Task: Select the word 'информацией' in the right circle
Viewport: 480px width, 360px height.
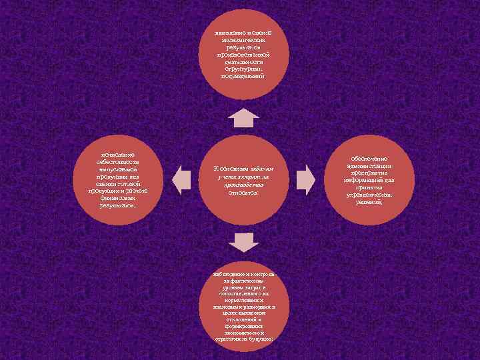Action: click(360, 179)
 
